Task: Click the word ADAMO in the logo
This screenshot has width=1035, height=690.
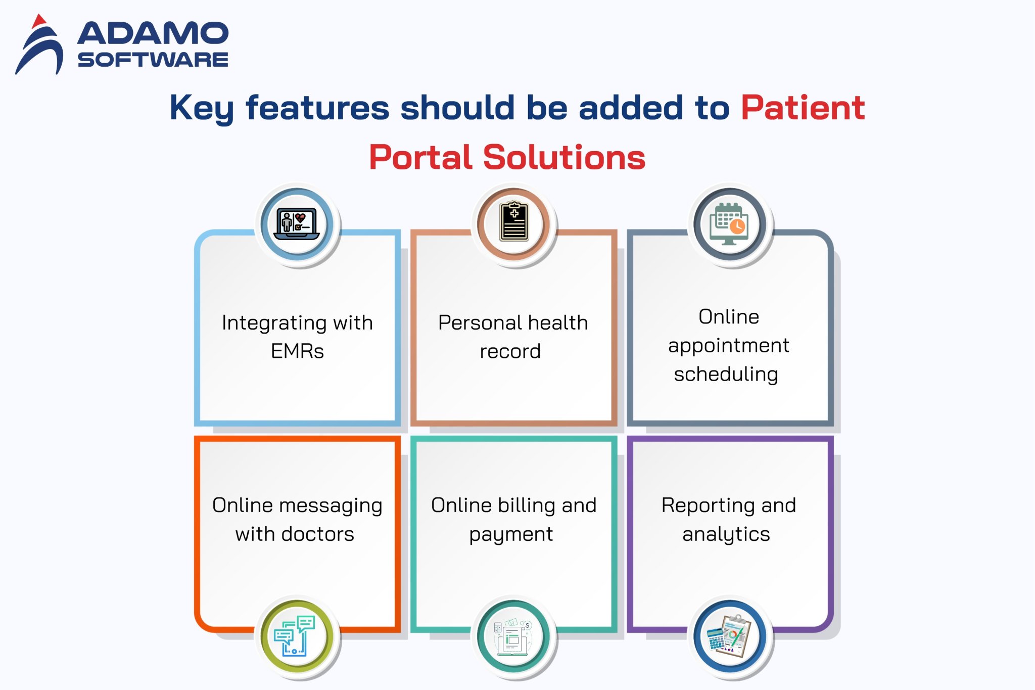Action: pos(153,33)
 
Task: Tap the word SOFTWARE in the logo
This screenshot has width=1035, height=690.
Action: pos(153,60)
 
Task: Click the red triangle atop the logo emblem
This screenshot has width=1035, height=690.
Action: pos(38,22)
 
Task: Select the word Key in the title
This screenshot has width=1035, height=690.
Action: pos(201,108)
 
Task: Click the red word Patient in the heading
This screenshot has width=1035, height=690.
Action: pos(803,108)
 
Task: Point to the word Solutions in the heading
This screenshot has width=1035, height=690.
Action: pos(564,157)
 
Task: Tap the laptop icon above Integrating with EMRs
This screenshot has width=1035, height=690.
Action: pos(297,223)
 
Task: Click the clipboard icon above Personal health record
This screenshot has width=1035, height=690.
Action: pos(514,222)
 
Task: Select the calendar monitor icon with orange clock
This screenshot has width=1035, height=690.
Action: pos(729,223)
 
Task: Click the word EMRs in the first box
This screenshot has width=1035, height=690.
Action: pos(297,351)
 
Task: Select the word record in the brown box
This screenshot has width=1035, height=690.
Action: pos(510,351)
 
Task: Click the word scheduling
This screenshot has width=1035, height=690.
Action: pos(726,375)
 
